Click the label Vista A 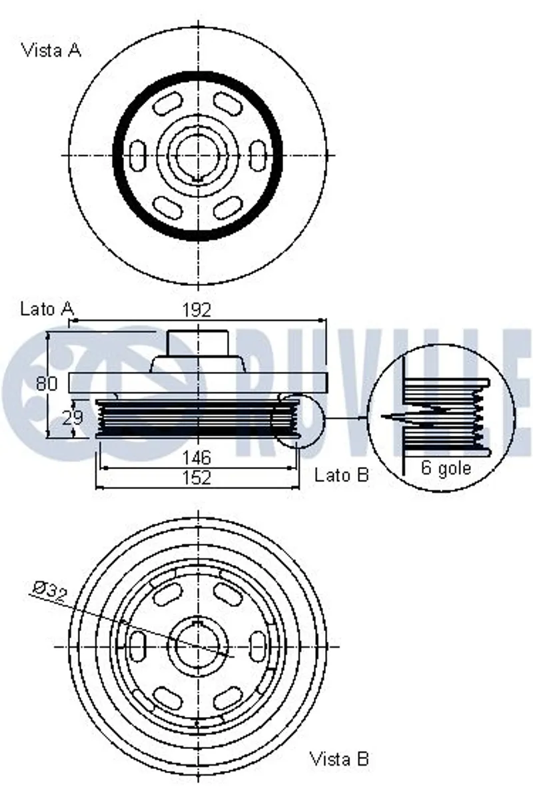[51, 50]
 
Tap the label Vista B [340, 758]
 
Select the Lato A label [47, 309]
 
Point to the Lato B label [341, 474]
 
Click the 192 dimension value [197, 311]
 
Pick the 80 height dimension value [47, 383]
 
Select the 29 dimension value [73, 416]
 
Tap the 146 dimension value [197, 458]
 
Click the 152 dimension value [197, 477]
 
